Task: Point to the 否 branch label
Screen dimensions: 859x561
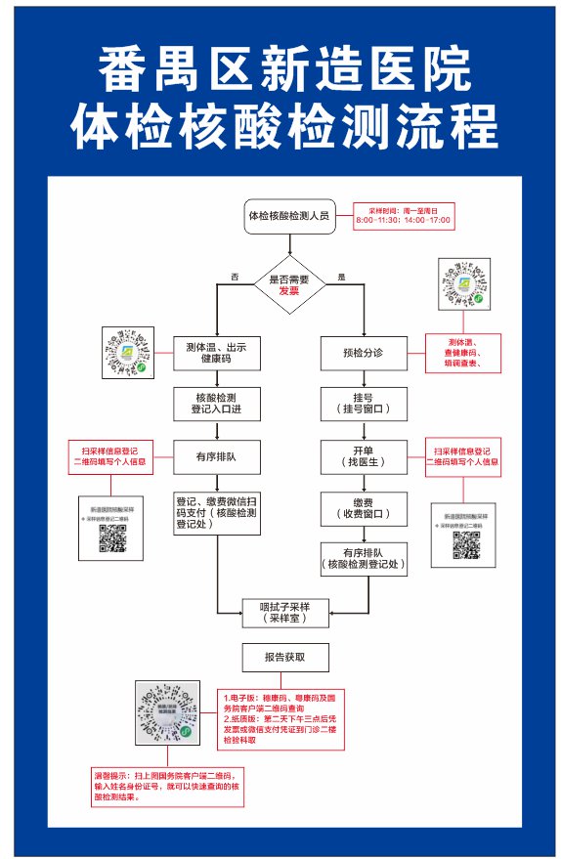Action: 235,277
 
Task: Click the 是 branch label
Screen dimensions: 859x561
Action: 341,277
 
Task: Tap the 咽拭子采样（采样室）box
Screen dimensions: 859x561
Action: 286,612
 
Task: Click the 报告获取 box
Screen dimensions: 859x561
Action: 285,658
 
